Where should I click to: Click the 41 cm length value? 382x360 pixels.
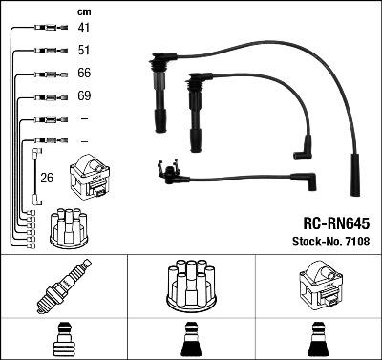point(84,28)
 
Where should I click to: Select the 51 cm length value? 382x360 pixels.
point(84,51)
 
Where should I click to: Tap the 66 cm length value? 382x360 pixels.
point(84,73)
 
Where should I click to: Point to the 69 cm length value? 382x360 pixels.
point(84,95)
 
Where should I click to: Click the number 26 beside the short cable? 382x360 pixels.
point(47,178)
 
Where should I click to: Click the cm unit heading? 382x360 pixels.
point(84,12)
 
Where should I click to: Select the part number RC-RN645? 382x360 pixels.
point(336,223)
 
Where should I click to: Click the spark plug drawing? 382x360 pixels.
point(64,286)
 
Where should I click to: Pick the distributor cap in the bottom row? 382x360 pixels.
point(191,286)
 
